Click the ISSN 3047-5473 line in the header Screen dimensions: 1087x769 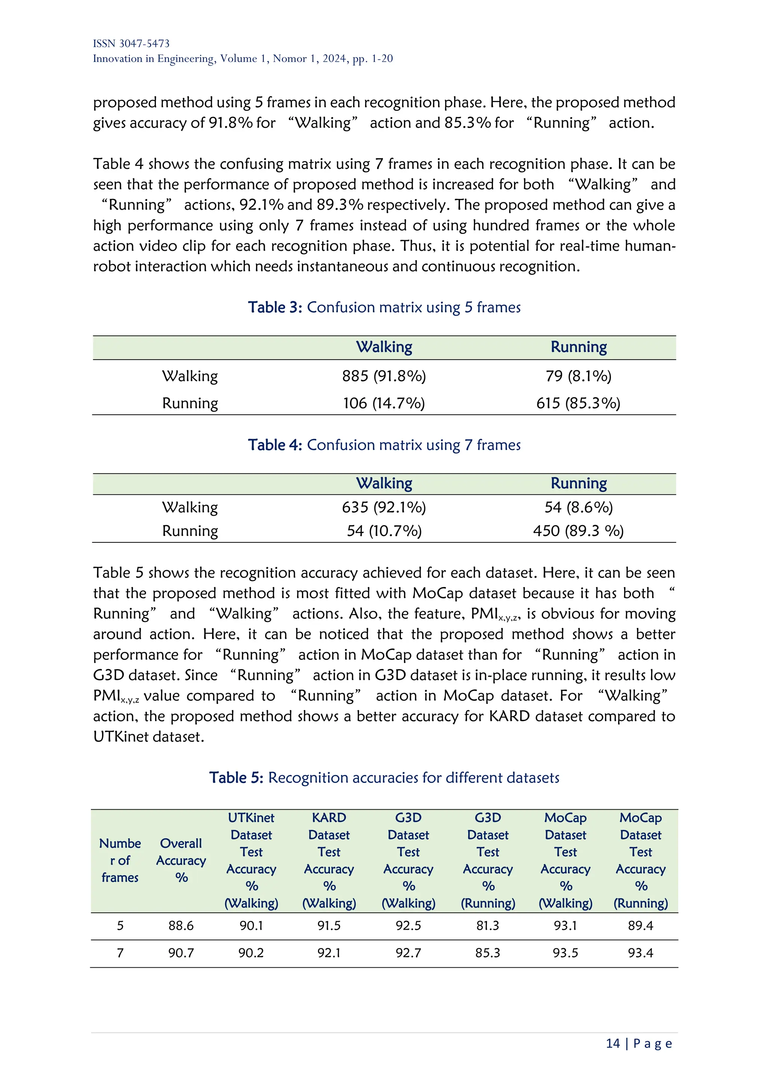[131, 44]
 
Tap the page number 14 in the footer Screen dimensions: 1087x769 [613, 1043]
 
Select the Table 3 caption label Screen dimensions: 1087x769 [274, 307]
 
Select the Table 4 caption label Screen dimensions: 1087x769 [274, 445]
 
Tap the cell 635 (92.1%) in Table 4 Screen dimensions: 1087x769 [384, 507]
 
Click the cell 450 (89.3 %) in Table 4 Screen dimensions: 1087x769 [578, 531]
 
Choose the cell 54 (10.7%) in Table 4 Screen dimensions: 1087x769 [384, 531]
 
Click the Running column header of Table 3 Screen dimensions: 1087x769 [578, 347]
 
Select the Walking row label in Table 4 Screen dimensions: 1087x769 [190, 507]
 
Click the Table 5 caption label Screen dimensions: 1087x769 [236, 777]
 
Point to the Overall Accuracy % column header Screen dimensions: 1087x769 [181, 860]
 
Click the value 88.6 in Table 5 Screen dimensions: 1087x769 [181, 926]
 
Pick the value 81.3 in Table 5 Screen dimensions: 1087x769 [488, 926]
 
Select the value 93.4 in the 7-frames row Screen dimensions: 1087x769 [640, 953]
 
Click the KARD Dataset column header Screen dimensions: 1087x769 [329, 860]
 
